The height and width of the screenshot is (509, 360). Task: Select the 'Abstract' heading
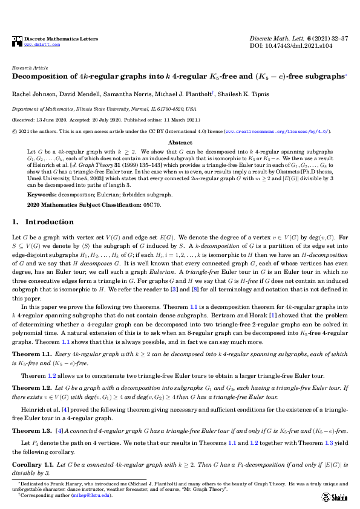pos(180,142)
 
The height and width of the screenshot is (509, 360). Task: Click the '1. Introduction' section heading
pos(43,222)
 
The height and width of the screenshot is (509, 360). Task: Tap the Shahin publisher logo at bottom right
pos(333,495)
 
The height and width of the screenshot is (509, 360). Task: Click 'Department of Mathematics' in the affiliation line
pos(39,109)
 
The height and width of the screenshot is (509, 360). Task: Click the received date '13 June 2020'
pos(55,120)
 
